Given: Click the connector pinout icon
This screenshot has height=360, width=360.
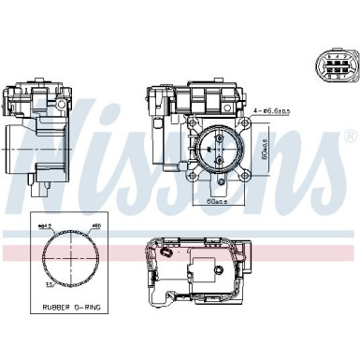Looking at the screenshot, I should tap(330, 68).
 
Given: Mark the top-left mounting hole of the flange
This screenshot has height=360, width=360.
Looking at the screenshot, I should tap(196, 125).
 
